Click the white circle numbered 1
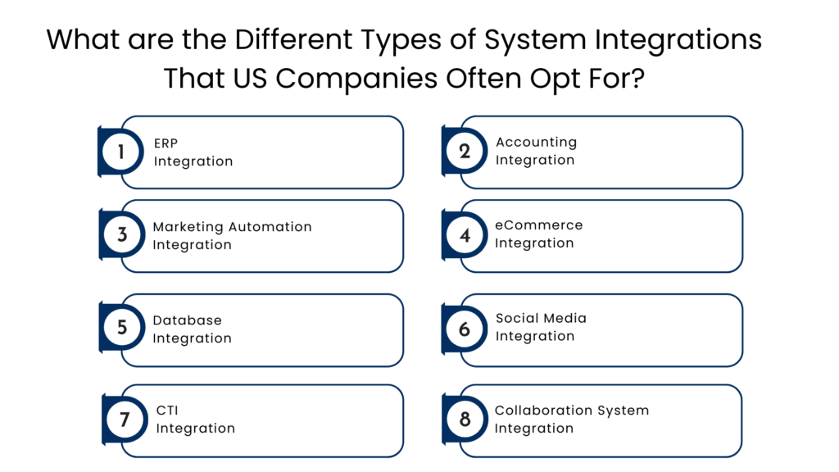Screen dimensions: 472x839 click(x=121, y=152)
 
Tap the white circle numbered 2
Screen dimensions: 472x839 click(x=465, y=152)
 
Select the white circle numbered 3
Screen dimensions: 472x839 click(x=122, y=234)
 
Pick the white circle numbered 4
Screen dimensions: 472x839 click(x=465, y=235)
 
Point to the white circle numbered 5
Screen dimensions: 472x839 click(x=122, y=327)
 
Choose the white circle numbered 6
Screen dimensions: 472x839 click(x=465, y=329)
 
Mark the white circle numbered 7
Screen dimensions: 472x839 click(x=125, y=420)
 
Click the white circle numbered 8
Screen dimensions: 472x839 click(x=465, y=420)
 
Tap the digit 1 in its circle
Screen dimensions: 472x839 click(x=121, y=152)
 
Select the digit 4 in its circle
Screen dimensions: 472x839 click(x=465, y=235)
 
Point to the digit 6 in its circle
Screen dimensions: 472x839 click(x=465, y=329)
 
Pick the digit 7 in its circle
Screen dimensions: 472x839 click(x=125, y=420)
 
